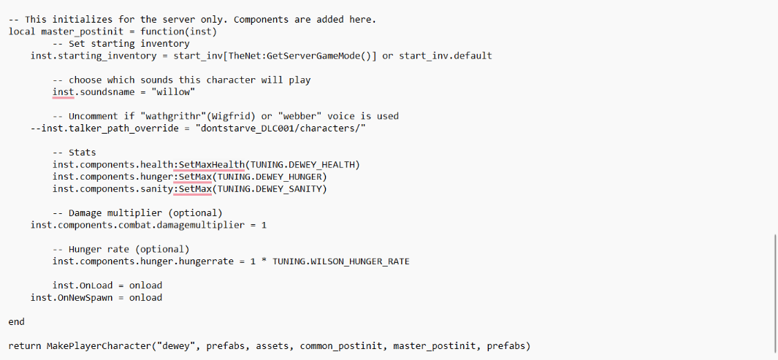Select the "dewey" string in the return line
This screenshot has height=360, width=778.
[176, 345]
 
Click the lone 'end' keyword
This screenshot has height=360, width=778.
[17, 321]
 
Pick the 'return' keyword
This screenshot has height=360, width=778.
[25, 345]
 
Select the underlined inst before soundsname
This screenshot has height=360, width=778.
[63, 92]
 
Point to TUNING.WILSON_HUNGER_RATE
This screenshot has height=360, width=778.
[341, 261]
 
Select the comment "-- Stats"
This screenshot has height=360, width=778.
[74, 153]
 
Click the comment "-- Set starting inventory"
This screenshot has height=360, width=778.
[121, 44]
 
